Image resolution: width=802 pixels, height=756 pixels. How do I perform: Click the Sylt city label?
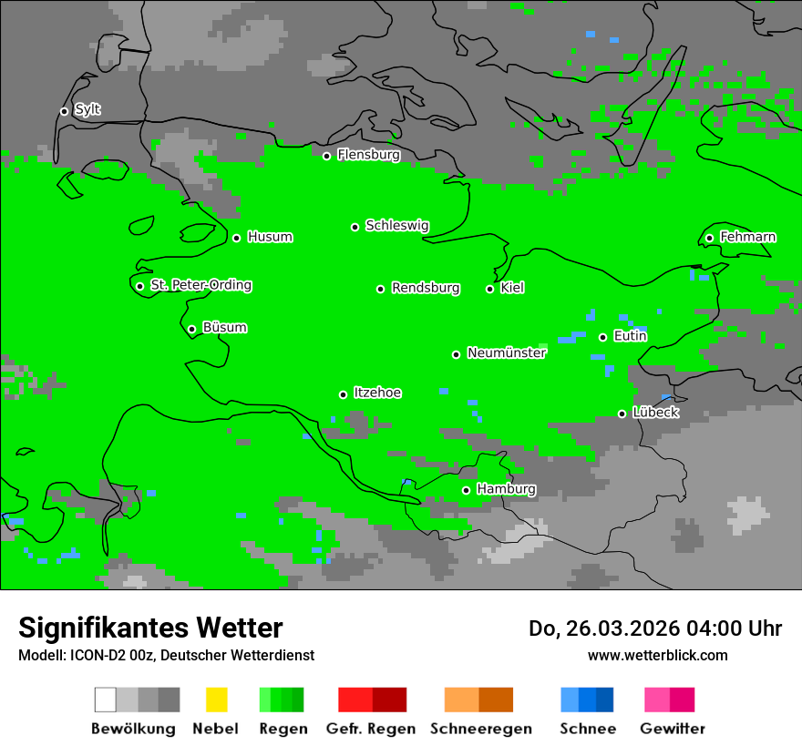(87, 110)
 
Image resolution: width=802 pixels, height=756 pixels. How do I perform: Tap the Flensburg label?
(368, 155)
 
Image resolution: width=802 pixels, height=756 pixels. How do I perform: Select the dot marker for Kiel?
(489, 289)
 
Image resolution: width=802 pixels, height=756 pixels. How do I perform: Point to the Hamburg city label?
(506, 489)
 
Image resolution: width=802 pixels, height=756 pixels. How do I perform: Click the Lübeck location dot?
(622, 414)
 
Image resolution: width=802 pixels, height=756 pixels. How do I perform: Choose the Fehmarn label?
(747, 237)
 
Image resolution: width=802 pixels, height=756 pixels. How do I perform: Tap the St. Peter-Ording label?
(200, 285)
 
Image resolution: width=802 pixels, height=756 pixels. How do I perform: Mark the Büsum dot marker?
(191, 329)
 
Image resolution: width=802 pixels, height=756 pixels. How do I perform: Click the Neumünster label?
(507, 352)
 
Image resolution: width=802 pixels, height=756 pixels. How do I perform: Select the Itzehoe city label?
(377, 393)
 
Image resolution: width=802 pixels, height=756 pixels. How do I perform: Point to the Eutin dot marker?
(602, 337)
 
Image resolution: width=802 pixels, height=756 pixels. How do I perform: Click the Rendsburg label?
(426, 288)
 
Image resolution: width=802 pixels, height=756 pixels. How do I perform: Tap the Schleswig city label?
(396, 225)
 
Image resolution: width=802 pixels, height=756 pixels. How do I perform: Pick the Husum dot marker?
(236, 238)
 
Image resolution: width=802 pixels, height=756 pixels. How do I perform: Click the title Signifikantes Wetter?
(150, 628)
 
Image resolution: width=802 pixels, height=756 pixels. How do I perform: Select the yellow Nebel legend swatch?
(216, 700)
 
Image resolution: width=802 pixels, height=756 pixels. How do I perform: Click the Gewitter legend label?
(672, 729)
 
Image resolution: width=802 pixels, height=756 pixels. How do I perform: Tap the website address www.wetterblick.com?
(657, 655)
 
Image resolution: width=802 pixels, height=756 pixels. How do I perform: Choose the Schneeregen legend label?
(478, 729)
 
